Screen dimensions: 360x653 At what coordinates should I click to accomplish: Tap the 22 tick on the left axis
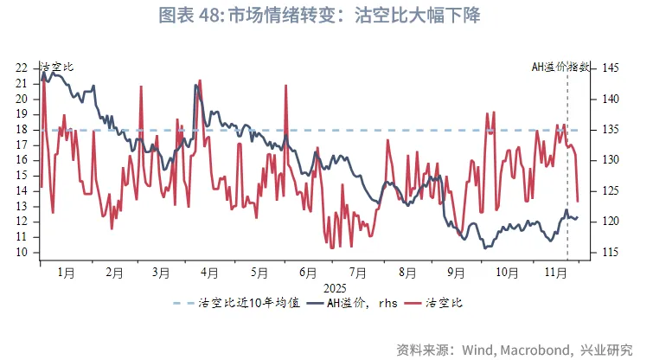[x=22, y=67]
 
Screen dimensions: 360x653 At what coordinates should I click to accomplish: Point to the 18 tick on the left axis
[x=22, y=130]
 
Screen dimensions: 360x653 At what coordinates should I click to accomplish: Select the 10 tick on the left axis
[x=22, y=253]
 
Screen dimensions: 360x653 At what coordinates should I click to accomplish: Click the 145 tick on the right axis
[x=611, y=67]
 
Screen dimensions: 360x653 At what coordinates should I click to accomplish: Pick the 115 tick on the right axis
[x=611, y=253]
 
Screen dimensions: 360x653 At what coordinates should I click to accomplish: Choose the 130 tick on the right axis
[x=611, y=160]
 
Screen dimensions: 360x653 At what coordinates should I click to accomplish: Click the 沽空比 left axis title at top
[x=57, y=67]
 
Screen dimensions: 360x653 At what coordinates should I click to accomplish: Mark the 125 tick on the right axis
[x=611, y=191]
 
